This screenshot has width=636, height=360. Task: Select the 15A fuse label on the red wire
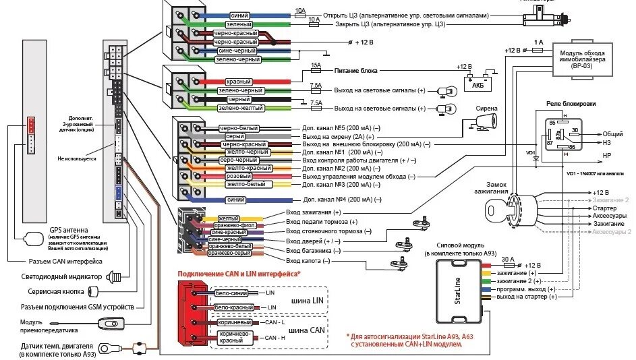click(315, 66)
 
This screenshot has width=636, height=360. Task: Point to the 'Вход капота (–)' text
click(308, 260)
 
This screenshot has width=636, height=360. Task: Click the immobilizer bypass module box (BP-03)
click(585, 57)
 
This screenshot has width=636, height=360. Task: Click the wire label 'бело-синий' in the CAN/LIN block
click(231, 293)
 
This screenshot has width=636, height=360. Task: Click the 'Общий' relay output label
click(612, 134)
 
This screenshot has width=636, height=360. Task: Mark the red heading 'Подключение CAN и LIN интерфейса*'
click(239, 274)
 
